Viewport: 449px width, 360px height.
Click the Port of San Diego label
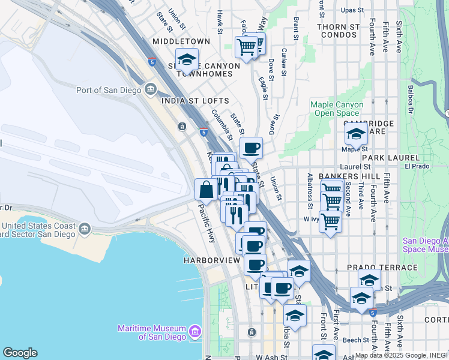(x=109, y=91)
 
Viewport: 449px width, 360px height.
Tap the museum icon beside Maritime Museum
(x=194, y=331)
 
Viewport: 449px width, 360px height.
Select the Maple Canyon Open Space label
(x=337, y=109)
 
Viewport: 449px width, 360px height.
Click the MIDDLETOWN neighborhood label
(x=181, y=41)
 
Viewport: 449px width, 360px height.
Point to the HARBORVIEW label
(x=207, y=260)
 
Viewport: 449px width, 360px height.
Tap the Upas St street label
(x=352, y=10)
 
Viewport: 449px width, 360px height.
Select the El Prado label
(x=415, y=166)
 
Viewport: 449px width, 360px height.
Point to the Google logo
(x=20, y=353)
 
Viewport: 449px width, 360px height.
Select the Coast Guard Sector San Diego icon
(x=84, y=229)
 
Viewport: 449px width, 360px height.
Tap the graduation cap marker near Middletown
(x=187, y=59)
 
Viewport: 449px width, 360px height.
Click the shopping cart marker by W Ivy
(x=330, y=221)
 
